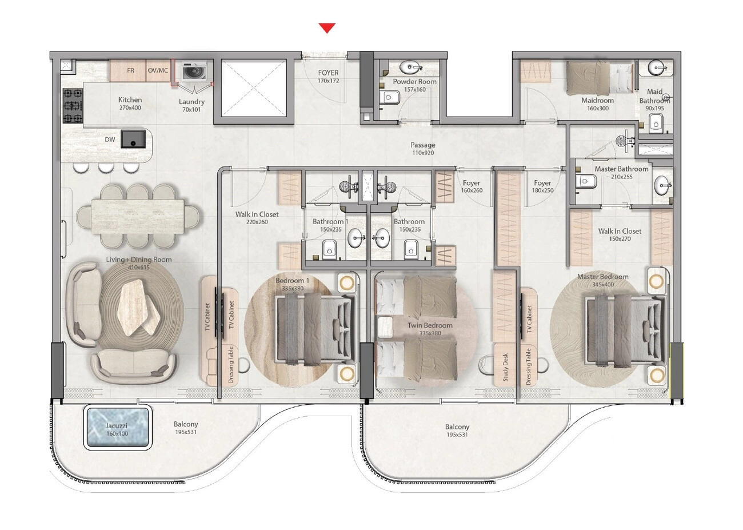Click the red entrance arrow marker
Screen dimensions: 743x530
pyautogui.click(x=327, y=28)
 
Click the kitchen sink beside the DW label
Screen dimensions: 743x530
pyautogui.click(x=133, y=139)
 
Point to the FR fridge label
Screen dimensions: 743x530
pyautogui.click(x=131, y=71)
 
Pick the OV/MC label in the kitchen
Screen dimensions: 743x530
pyautogui.click(x=158, y=71)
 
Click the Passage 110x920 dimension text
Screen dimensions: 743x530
pyautogui.click(x=423, y=153)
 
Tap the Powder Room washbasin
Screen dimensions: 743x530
pyautogui.click(x=410, y=67)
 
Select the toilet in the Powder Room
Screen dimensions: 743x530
pyautogui.click(x=392, y=98)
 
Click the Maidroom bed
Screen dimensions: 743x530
pyautogui.click(x=599, y=78)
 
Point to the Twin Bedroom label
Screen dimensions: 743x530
pyautogui.click(x=430, y=325)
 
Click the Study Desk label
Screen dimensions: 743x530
pyautogui.click(x=505, y=367)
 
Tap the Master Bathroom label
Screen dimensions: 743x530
pyautogui.click(x=621, y=169)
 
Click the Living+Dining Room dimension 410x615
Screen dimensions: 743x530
pyautogui.click(x=139, y=268)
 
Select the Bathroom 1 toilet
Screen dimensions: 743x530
pyautogui.click(x=329, y=248)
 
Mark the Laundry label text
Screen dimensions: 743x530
pyautogui.click(x=191, y=102)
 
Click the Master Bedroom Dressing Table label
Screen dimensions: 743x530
pyautogui.click(x=529, y=367)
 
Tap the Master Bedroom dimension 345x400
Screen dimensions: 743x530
pyautogui.click(x=603, y=284)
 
